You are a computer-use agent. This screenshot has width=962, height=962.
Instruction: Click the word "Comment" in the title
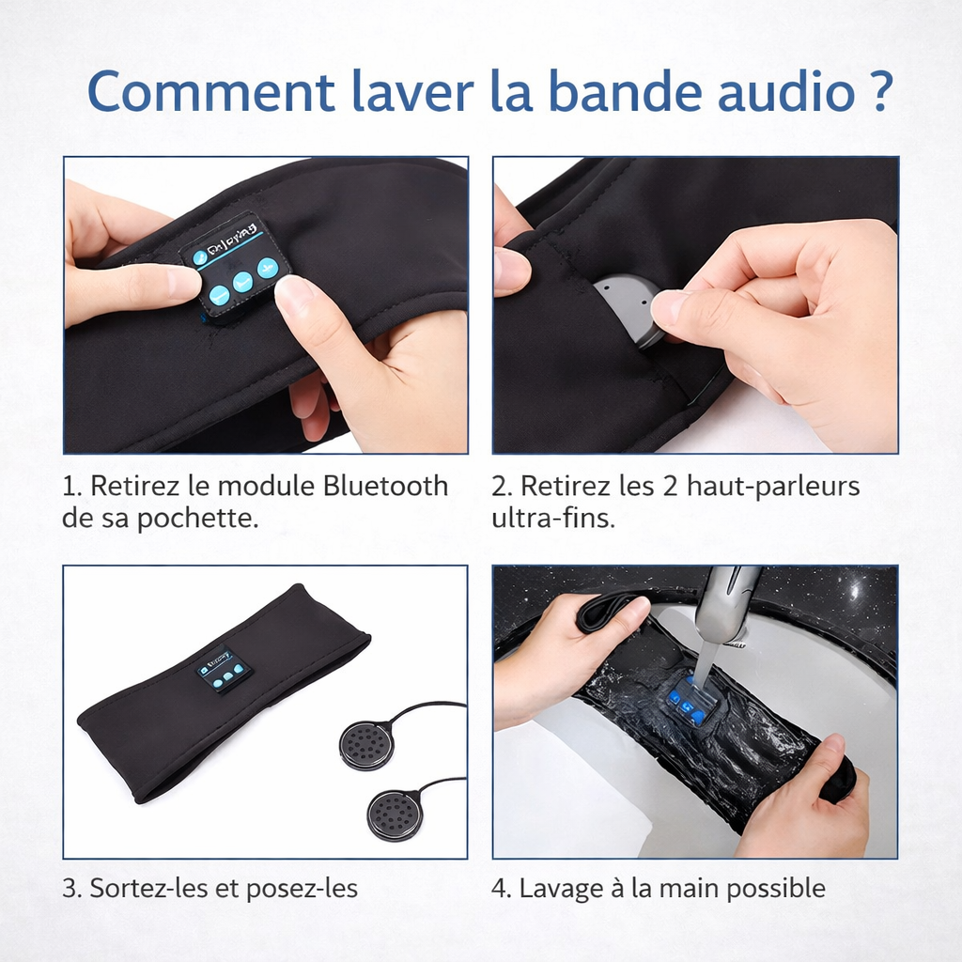[210, 91]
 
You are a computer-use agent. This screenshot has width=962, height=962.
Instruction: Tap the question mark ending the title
[877, 91]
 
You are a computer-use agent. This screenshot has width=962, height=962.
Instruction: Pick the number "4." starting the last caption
[502, 888]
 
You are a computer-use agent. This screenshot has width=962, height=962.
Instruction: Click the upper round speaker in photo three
[366, 744]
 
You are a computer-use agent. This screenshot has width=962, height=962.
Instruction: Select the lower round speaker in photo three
[395, 814]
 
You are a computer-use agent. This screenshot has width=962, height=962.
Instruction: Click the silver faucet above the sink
[725, 606]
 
